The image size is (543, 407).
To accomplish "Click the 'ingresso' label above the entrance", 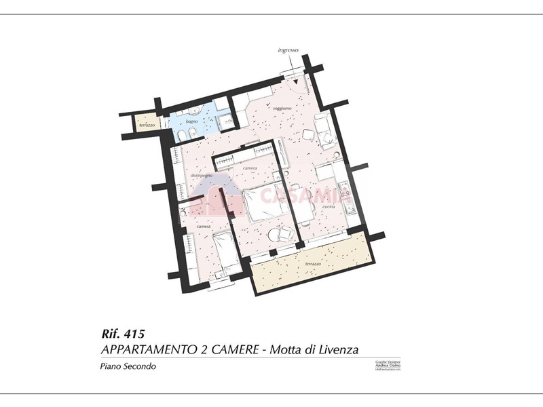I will pos(288,50).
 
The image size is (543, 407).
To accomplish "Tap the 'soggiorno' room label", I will pos(282,108).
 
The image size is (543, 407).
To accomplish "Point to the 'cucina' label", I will pos(329,206).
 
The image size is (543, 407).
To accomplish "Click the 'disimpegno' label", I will pos(202,176).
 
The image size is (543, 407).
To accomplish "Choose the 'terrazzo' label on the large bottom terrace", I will pos(313,263).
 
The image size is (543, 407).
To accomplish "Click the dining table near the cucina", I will pos(301,204).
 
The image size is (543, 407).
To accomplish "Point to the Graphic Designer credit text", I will pos(388,364).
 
